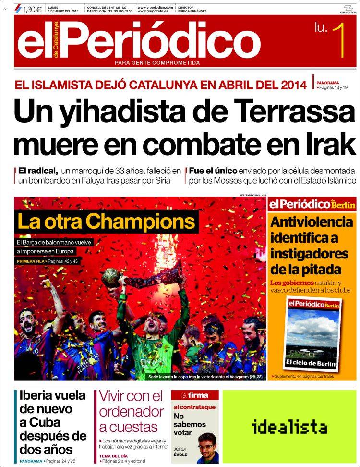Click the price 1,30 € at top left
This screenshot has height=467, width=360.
coord(32,8)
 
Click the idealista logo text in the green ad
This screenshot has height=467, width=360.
coord(289,427)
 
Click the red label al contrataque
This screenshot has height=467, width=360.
coord(194,407)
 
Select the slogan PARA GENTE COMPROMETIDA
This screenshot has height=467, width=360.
coord(157,63)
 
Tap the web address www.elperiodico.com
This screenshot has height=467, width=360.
coord(156,7)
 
